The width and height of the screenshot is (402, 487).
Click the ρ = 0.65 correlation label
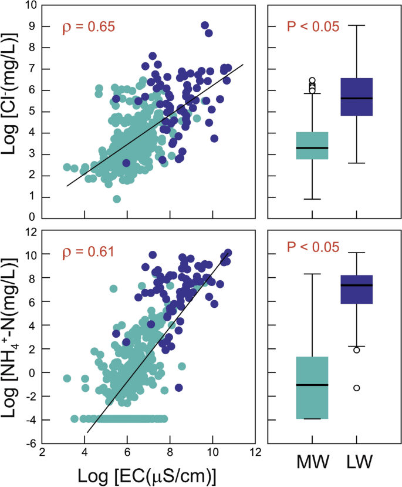[x=88, y=26]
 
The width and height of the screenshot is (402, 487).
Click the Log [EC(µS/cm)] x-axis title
[x=148, y=474]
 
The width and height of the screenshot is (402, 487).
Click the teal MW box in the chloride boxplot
[x=312, y=146]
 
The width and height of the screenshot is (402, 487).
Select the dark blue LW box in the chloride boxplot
[x=357, y=97]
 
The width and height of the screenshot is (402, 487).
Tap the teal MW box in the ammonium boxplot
[x=312, y=388]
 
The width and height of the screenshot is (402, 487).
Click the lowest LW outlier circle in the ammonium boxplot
[x=356, y=388]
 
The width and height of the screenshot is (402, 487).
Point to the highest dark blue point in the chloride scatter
[x=205, y=25]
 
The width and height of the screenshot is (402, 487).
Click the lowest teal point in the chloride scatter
[x=117, y=199]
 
